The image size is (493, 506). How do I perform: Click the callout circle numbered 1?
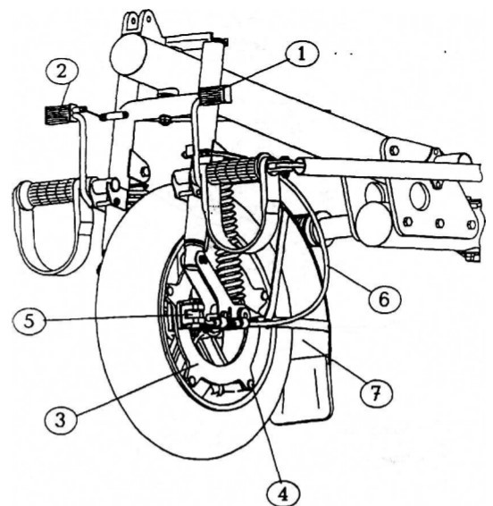pyautogui.click(x=302, y=54)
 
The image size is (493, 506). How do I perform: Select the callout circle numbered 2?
pyautogui.click(x=62, y=72)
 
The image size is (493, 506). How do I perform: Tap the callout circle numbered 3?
pyautogui.click(x=61, y=420)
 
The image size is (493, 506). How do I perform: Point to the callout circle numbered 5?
pyautogui.click(x=29, y=321)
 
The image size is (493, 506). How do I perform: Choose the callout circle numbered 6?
pyautogui.click(x=384, y=299)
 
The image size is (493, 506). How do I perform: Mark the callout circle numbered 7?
pyautogui.click(x=376, y=392)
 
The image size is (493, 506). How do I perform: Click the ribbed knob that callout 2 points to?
pyautogui.click(x=57, y=114)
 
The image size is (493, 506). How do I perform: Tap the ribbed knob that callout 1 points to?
pyautogui.click(x=215, y=95)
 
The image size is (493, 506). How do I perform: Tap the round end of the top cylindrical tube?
pyautogui.click(x=129, y=55)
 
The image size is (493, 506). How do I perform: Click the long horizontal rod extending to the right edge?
pyautogui.click(x=391, y=170)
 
